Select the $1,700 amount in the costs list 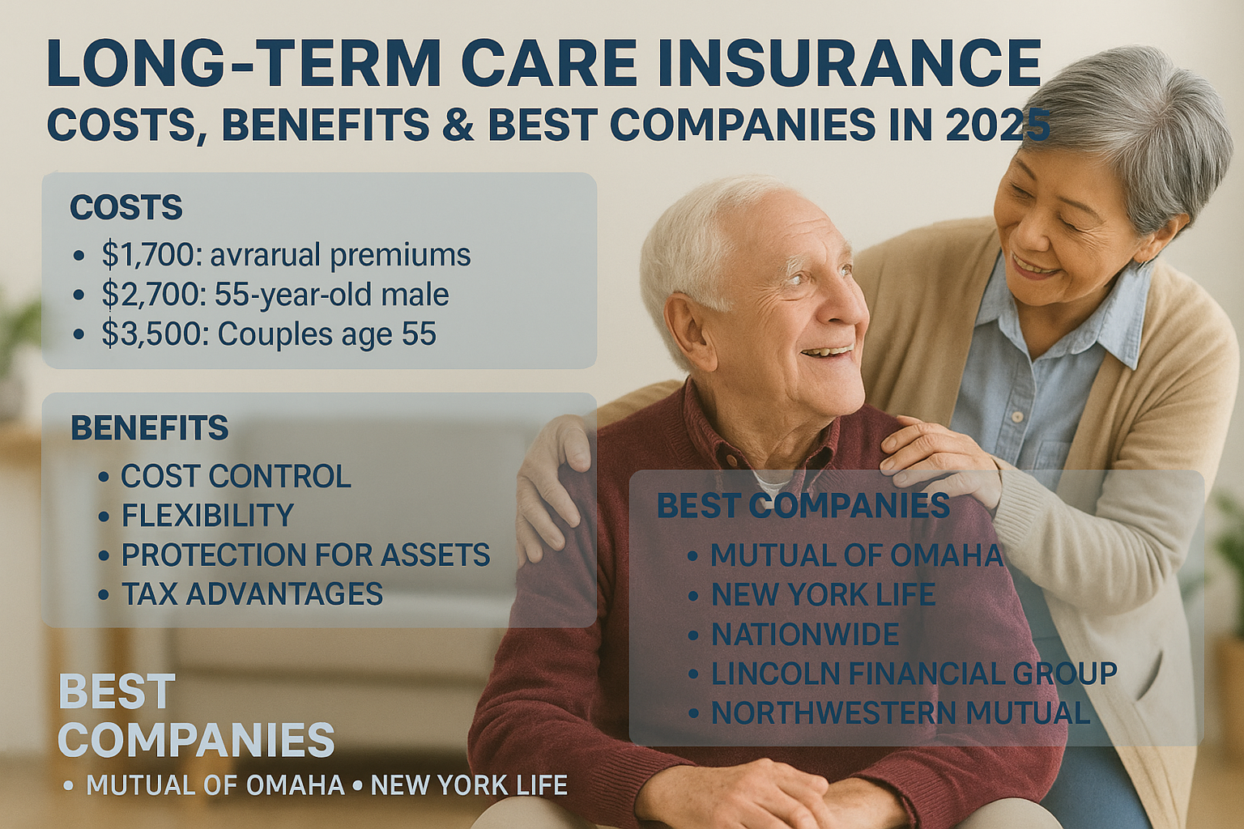click(147, 255)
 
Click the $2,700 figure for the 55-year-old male click(147, 295)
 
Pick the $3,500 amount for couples click(148, 335)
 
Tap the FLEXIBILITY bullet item click(207, 515)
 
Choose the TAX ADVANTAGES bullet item click(252, 593)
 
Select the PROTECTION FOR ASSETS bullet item click(305, 555)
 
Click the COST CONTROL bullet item click(236, 476)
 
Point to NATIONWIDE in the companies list click(805, 634)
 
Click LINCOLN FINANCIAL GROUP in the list click(914, 674)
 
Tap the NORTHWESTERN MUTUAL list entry click(901, 713)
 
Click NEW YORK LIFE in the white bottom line click(469, 785)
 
